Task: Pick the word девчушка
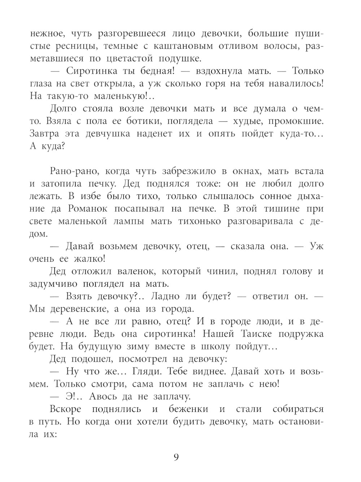click(108, 133)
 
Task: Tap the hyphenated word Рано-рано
click(74, 171)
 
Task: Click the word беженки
click(188, 409)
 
